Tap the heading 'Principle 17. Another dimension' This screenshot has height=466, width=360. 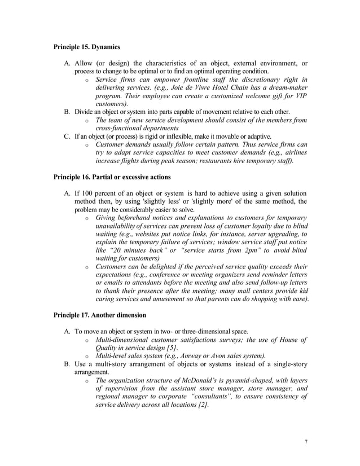100,314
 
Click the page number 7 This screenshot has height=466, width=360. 306,441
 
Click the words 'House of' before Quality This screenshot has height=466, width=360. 291,340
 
